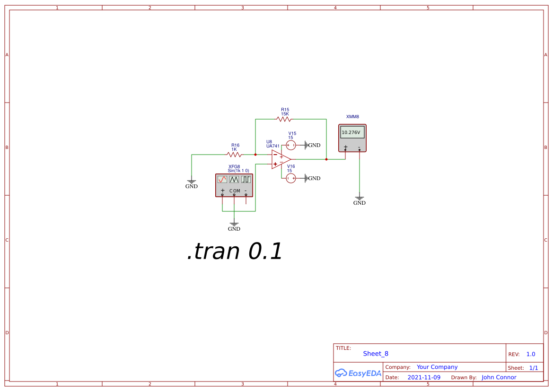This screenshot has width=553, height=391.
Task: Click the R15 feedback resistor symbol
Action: (284, 119)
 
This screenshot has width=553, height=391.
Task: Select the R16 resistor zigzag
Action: (235, 154)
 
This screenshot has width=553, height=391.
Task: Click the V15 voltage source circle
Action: (291, 145)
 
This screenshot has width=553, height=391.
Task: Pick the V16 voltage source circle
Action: (291, 178)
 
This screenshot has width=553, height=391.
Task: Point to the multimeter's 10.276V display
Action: (352, 132)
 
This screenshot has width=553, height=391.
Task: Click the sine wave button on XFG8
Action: (222, 179)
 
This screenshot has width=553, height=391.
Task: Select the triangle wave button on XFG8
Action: (234, 179)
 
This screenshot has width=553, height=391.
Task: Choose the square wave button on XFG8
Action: (246, 179)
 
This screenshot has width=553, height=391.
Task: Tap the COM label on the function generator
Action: (235, 191)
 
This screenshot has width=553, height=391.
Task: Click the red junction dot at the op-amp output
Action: (326, 159)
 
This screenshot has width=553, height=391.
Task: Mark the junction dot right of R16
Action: (255, 154)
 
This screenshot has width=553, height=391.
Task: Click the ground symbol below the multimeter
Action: (360, 198)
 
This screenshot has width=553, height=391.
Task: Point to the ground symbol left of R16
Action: (192, 182)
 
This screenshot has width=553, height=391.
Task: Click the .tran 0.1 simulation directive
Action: (235, 251)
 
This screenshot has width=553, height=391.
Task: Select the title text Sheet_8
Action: (376, 354)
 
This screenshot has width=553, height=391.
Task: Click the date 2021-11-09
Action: (424, 377)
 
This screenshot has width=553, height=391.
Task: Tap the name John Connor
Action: (499, 377)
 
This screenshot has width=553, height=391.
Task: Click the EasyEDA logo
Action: (358, 373)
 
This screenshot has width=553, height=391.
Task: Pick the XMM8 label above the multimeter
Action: (352, 116)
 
